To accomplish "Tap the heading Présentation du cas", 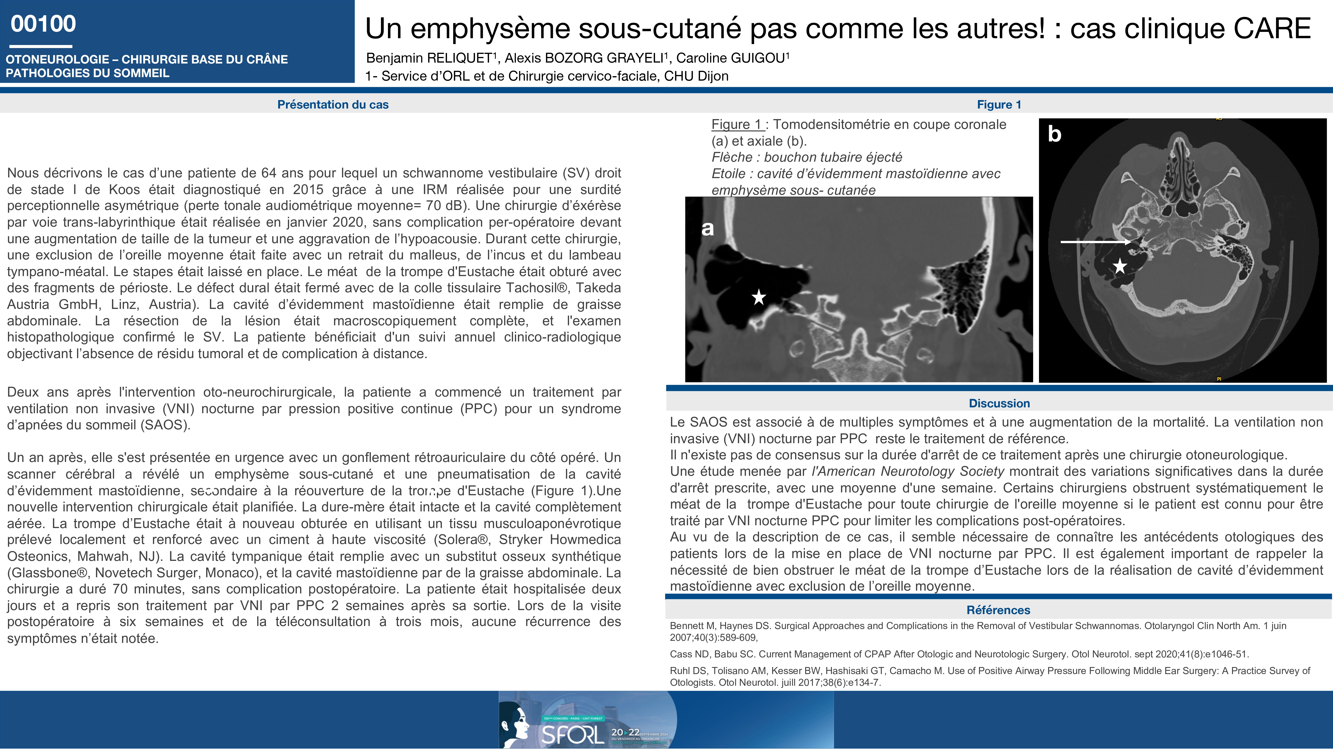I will pyautogui.click(x=333, y=105).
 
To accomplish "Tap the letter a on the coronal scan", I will pyautogui.click(x=707, y=228).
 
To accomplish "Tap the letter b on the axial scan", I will pyautogui.click(x=1054, y=134).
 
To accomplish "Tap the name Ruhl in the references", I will pyautogui.click(x=680, y=671).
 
